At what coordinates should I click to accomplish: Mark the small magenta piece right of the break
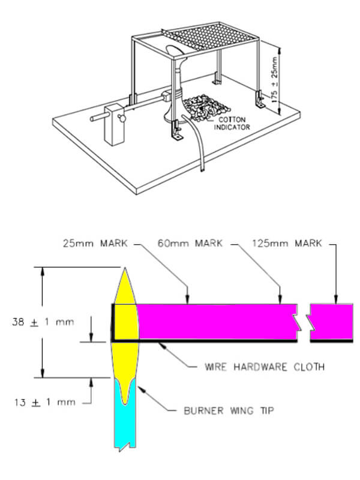pos(331,322)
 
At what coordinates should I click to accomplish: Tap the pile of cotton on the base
pos(201,108)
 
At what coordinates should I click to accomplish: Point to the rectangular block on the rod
pos(114,123)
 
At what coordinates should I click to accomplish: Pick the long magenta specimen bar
pos(216,322)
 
